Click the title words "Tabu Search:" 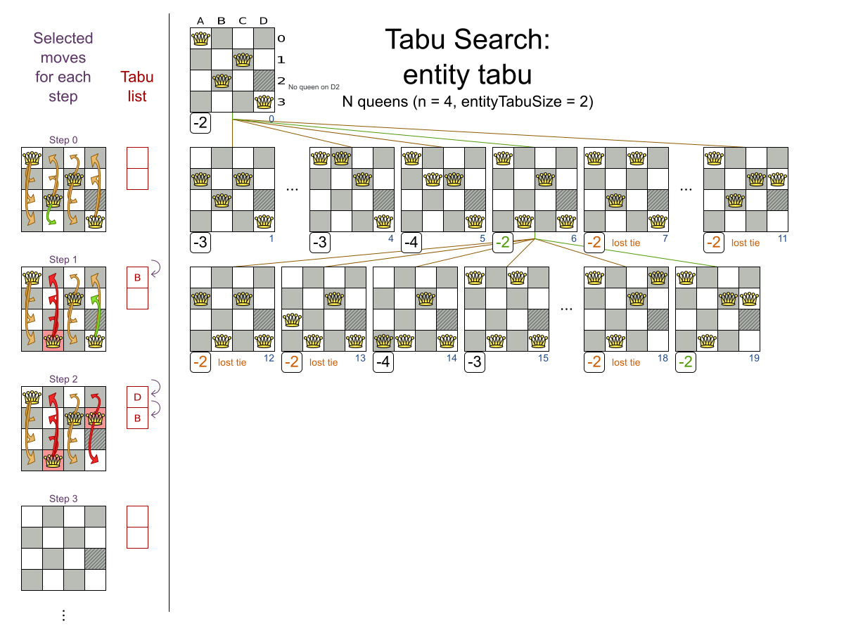467,40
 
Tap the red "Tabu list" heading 137,87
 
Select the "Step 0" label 63,140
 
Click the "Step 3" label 63,499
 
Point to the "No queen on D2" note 314,87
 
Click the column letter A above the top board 200,21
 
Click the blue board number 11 783,238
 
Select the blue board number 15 543,358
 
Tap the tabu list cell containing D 137,397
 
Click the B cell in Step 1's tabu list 137,278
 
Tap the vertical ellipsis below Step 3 63,615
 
